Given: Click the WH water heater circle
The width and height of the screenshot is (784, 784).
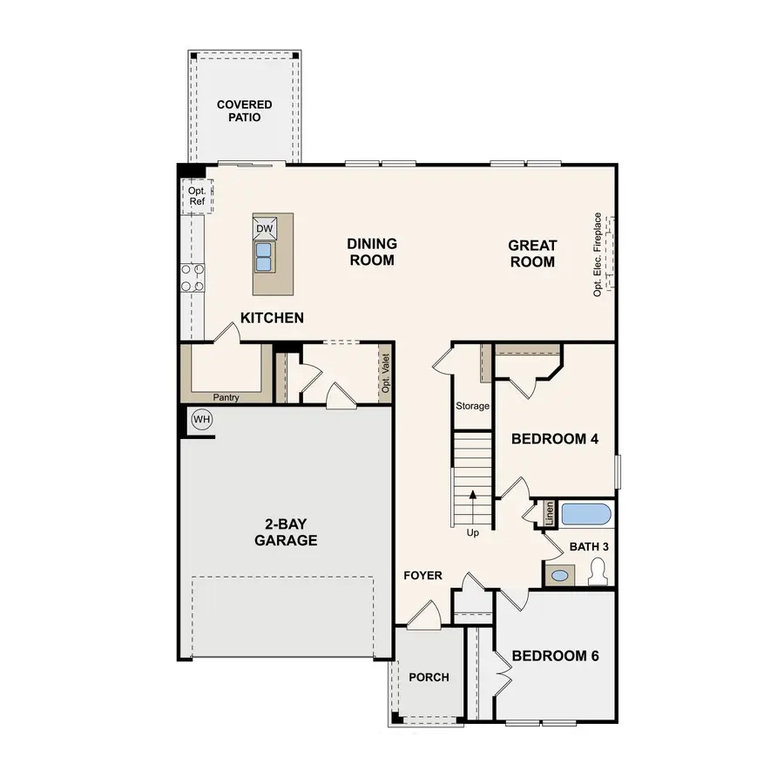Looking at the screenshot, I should click(202, 420).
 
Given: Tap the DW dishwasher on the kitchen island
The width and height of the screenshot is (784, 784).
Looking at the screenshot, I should click(265, 228).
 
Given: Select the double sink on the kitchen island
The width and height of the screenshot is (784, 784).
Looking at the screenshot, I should click(265, 256).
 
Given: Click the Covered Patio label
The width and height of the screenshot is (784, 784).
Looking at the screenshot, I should click(245, 111).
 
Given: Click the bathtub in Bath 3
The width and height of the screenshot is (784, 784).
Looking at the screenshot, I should click(586, 514).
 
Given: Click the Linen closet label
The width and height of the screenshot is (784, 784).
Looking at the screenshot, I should click(550, 512).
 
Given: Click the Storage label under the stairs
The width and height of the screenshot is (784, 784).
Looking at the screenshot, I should click(473, 406).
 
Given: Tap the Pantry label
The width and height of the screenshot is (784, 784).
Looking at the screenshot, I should click(226, 398).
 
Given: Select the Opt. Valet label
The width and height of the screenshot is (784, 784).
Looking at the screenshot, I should click(385, 374).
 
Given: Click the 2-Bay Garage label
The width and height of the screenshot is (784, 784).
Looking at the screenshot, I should click(286, 532).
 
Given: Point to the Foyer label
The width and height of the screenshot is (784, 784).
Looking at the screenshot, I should click(422, 576).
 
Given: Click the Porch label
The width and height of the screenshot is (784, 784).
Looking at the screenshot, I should click(429, 677).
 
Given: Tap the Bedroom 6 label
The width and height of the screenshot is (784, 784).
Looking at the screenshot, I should click(555, 656).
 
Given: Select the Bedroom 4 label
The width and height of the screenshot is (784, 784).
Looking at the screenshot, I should click(555, 439).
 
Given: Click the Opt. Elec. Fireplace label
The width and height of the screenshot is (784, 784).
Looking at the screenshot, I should click(598, 254).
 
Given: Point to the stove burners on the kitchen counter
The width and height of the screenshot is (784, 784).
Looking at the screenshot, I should click(193, 277).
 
